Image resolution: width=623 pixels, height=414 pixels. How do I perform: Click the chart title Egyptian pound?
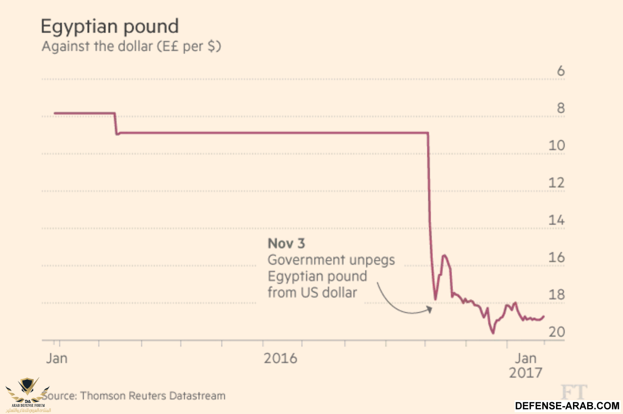109,26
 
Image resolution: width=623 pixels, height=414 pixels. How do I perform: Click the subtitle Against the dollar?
131,46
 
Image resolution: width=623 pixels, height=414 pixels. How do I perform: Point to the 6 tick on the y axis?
561,71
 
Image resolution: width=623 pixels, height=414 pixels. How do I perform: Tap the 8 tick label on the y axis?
561,108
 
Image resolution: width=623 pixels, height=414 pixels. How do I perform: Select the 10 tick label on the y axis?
557,146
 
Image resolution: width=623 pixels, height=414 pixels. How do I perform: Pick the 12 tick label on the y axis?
557,183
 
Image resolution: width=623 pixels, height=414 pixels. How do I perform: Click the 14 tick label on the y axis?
557,220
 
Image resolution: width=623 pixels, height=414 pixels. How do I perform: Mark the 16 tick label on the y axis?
557,257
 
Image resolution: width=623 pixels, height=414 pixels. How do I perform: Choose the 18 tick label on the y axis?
557,295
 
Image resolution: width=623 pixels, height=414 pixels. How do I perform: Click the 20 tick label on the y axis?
557,332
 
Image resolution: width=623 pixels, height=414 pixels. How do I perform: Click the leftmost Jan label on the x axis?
57,358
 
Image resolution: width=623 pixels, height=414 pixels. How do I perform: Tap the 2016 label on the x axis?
281,358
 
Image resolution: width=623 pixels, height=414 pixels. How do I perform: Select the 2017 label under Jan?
526,373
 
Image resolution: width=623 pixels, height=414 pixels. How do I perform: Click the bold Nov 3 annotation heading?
286,244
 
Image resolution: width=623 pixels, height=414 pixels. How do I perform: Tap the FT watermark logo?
574,392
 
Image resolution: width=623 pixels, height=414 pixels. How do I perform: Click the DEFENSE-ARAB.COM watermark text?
567,405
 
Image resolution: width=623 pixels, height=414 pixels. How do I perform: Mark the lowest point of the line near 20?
493,333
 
